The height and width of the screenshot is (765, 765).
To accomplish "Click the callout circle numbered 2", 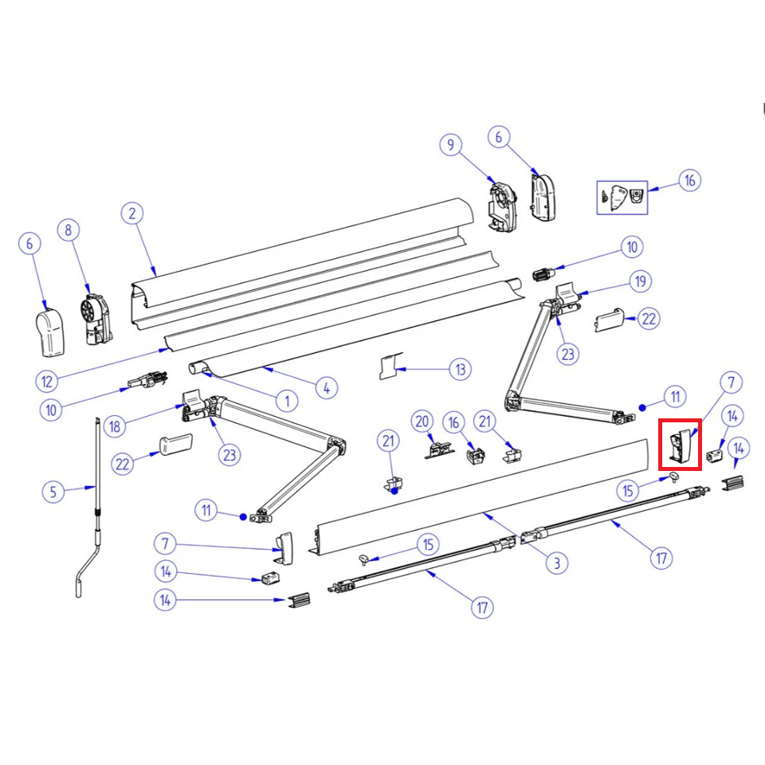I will pyautogui.click(x=132, y=214).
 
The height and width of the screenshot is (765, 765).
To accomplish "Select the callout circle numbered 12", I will pyautogui.click(x=47, y=381).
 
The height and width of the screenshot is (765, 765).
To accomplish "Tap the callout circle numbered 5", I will pyautogui.click(x=53, y=492).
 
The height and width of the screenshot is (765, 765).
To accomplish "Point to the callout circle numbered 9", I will pyautogui.click(x=451, y=145).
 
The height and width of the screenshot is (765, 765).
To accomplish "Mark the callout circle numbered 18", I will pyautogui.click(x=116, y=426).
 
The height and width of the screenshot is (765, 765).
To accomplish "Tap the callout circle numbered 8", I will pyautogui.click(x=69, y=230).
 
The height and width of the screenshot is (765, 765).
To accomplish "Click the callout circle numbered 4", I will pyautogui.click(x=326, y=388).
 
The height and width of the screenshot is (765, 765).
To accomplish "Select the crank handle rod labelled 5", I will pyautogui.click(x=93, y=510).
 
